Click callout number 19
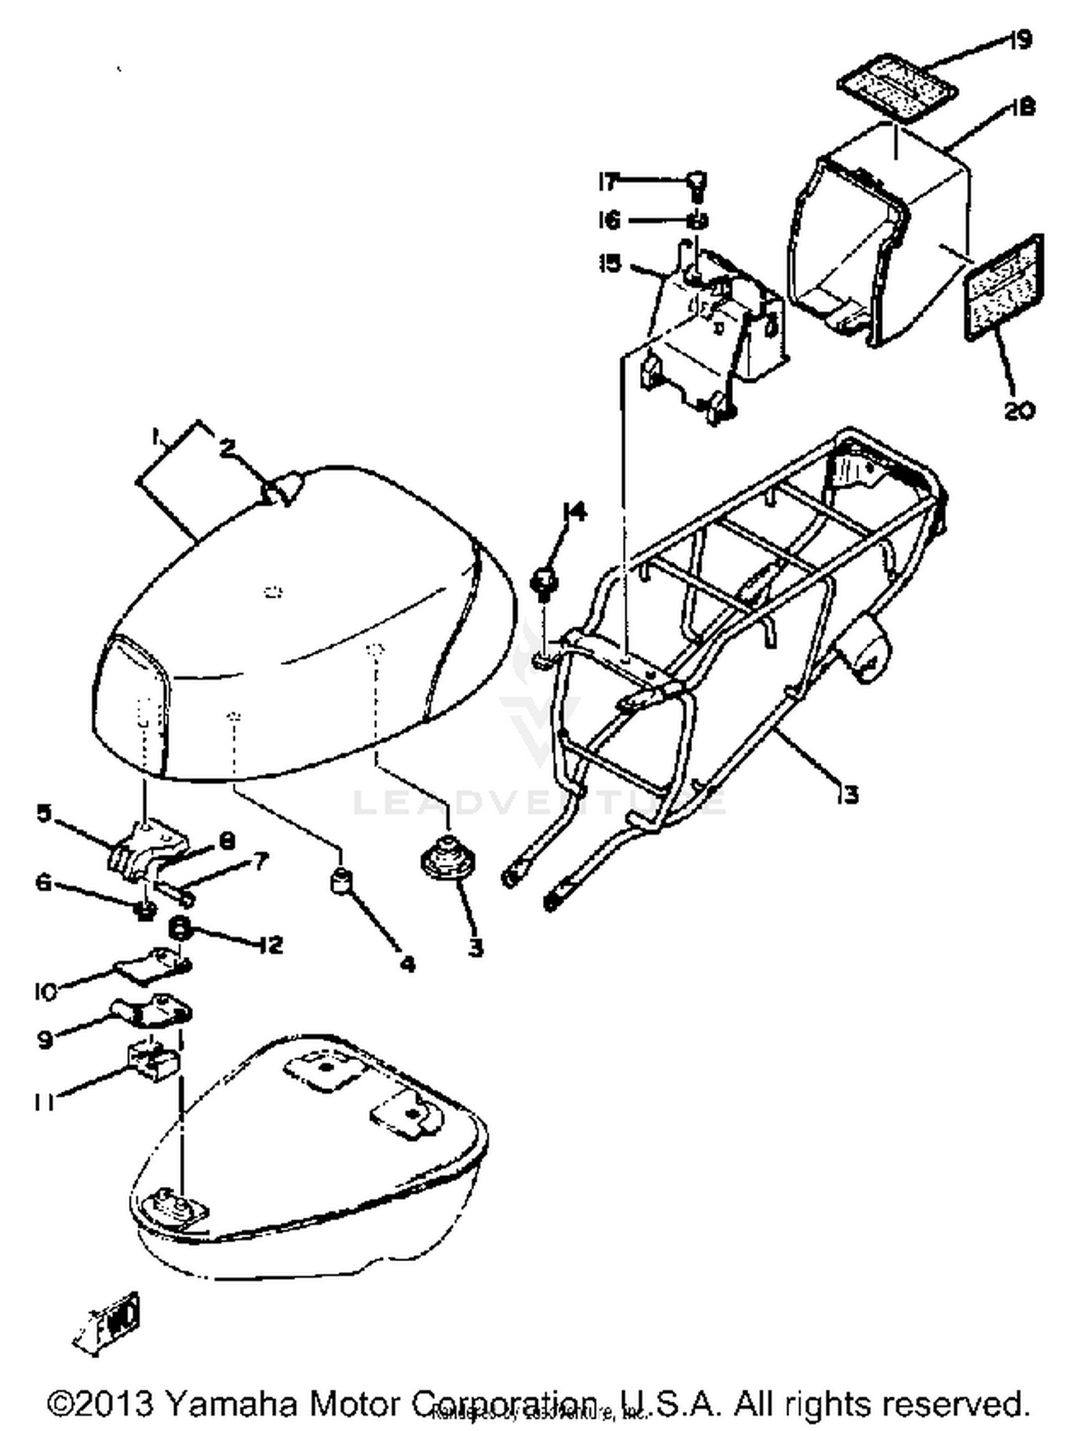[1020, 40]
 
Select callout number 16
[609, 220]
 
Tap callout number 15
[609, 264]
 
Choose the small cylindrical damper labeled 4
[341, 880]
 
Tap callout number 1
[155, 436]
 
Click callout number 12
[271, 944]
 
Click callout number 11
[44, 1103]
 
